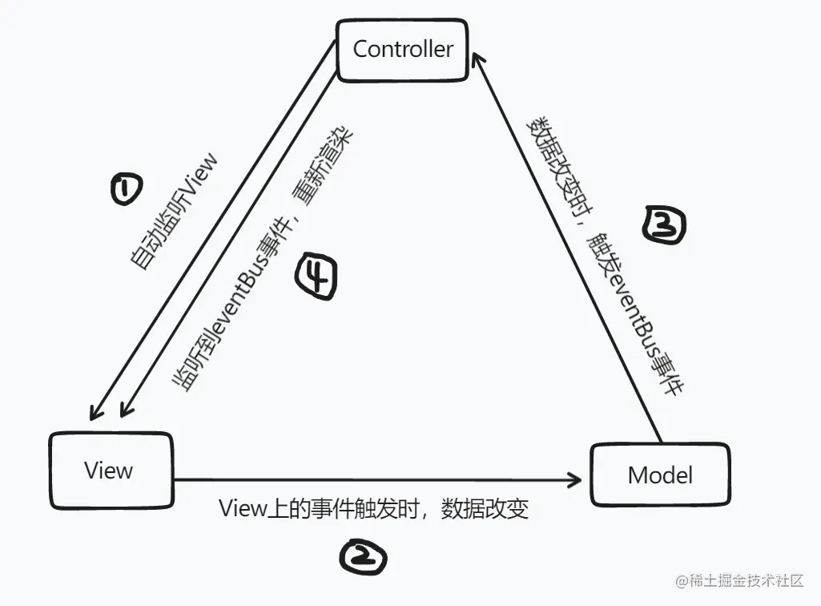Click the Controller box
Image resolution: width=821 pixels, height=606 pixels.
403,49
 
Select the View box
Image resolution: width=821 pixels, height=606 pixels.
111,471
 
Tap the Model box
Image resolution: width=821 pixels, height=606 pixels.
660,475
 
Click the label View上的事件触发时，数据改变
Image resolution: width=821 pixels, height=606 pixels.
373,510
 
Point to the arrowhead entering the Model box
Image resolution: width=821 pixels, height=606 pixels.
574,480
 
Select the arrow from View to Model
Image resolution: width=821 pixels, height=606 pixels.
376,481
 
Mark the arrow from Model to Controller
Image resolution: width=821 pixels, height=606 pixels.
569,248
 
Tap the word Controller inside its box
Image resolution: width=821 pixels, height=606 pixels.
403,49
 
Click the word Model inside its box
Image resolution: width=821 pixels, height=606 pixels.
660,475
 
